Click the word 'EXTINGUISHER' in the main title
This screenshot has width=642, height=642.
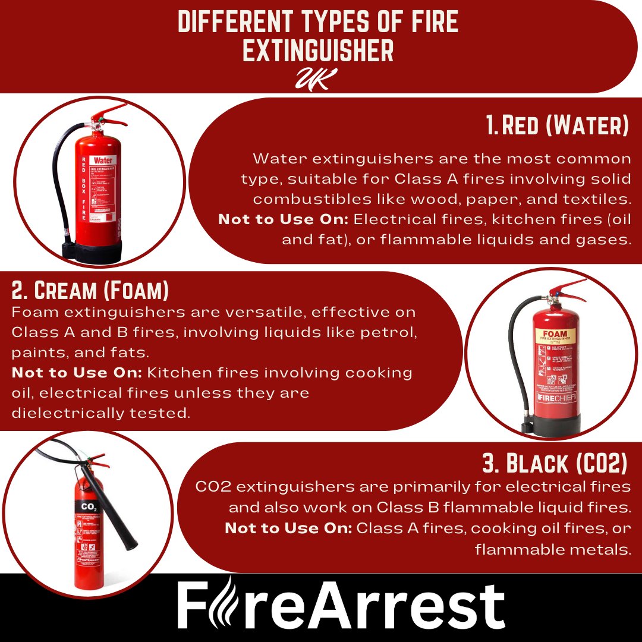318,51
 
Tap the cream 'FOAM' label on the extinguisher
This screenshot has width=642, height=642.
551,334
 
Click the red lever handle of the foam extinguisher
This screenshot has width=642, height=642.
567,288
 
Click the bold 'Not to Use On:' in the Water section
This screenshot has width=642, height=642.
284,219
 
